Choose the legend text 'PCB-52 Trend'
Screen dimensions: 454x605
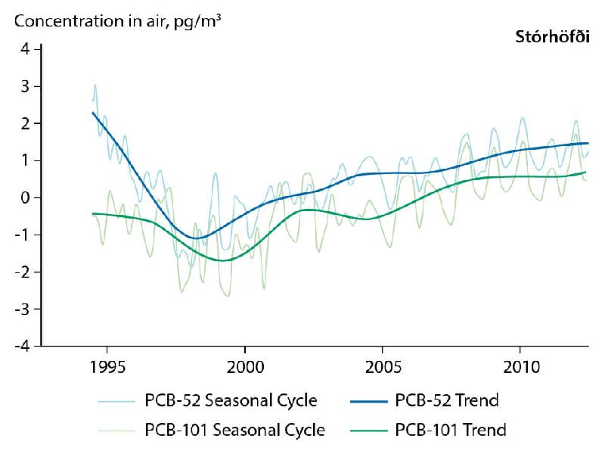(x=447, y=400)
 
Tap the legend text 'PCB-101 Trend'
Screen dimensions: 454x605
(x=451, y=431)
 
